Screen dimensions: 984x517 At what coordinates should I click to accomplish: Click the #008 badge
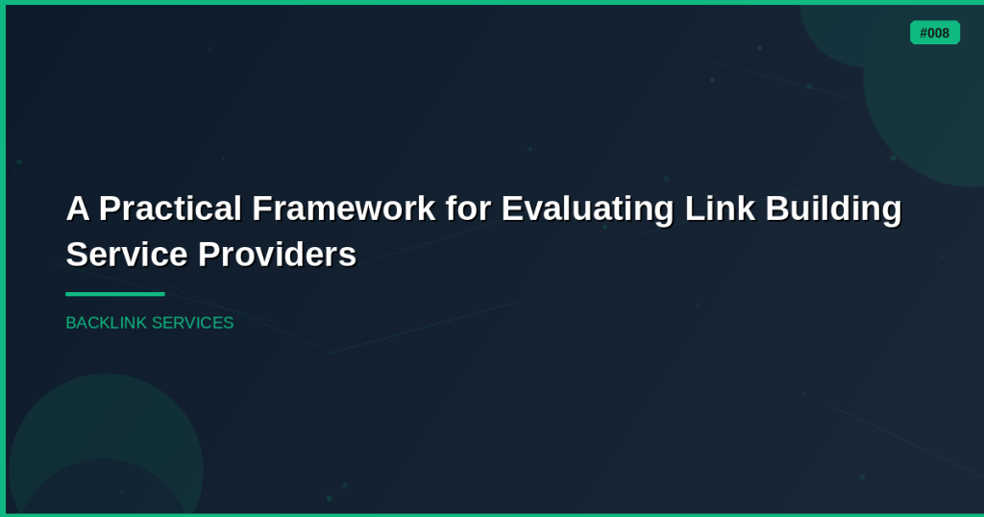coord(934,33)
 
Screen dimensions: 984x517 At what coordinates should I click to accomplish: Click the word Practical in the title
coord(170,209)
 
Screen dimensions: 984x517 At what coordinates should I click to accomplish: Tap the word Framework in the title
coord(344,209)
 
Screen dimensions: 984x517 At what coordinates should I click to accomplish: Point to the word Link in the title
coord(720,209)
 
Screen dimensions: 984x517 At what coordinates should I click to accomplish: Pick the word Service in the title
coord(127,254)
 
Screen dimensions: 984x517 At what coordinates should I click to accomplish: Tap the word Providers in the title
coord(278,254)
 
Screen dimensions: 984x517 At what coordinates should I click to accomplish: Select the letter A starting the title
coord(78,209)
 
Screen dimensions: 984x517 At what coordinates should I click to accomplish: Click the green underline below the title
coord(115,294)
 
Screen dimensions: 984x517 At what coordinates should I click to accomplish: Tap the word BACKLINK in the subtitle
coord(107,323)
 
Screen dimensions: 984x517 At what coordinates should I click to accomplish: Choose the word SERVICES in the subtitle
coord(192,323)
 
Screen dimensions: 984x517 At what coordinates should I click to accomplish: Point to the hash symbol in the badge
coord(923,34)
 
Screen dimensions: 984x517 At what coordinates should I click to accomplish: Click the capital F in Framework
coord(261,209)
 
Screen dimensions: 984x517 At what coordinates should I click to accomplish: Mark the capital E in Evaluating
coord(512,209)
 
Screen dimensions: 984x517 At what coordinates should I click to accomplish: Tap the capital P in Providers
coord(209,254)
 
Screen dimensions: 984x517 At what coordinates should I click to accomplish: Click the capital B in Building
coord(777,209)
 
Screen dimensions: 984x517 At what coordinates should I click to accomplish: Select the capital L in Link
coord(695,209)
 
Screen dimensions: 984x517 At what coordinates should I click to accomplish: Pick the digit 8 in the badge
coord(946,34)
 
